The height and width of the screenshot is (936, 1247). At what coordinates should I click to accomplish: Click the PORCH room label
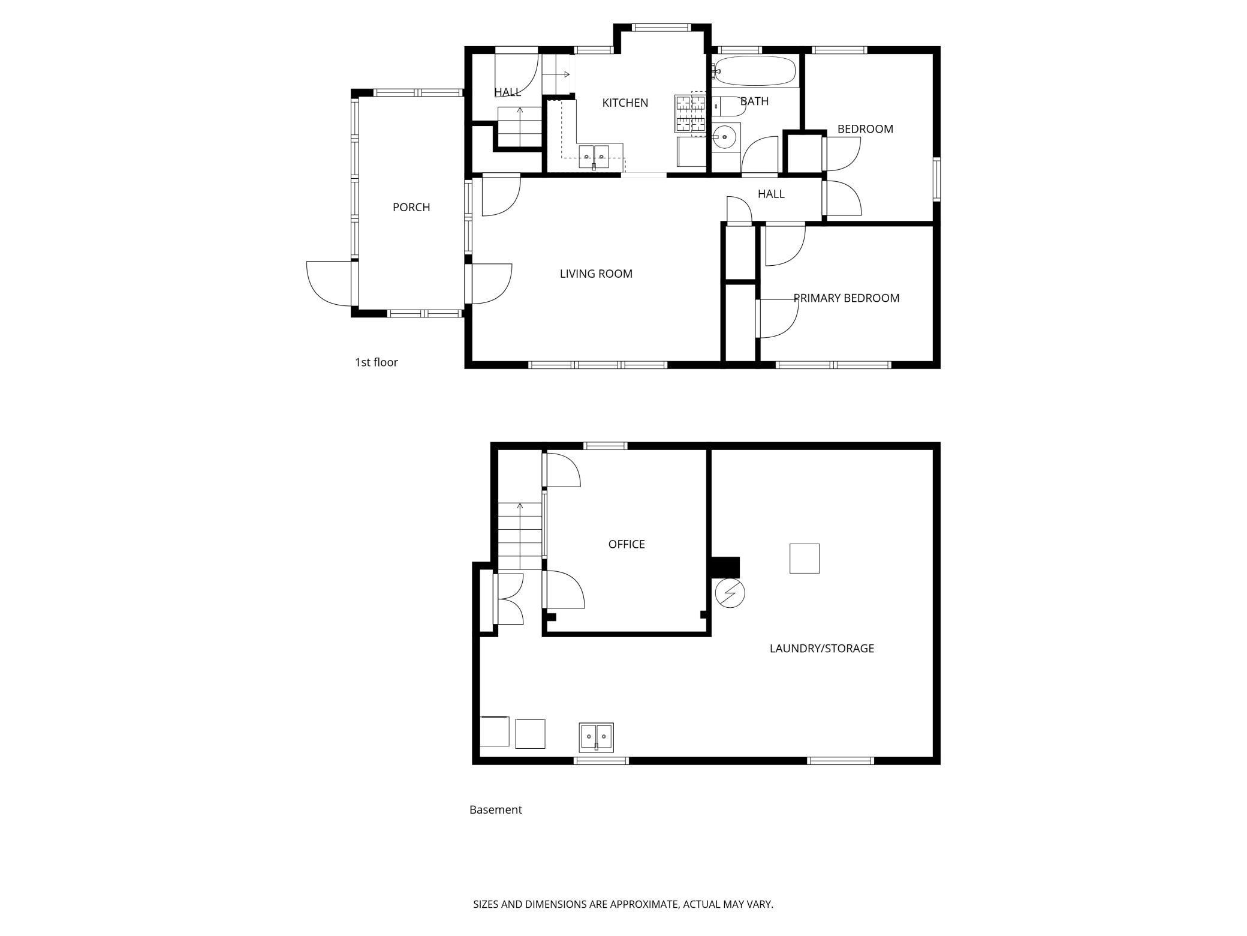point(411,207)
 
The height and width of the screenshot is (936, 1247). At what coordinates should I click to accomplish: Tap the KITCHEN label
point(625,103)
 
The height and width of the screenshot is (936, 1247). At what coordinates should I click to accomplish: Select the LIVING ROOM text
point(596,274)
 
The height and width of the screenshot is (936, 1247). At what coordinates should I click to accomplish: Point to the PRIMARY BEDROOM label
point(846,298)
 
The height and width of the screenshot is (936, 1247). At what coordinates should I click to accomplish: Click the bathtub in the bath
point(755,71)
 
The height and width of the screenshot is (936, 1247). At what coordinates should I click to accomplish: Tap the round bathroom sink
point(725,137)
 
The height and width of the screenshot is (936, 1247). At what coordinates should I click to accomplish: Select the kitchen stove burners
point(690,113)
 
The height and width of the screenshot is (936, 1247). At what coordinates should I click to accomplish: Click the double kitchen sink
point(594,157)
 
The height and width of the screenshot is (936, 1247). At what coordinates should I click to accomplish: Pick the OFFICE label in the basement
point(626,544)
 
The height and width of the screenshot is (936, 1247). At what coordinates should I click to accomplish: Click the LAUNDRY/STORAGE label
point(821,648)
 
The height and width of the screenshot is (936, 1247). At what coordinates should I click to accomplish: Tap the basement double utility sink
point(596,737)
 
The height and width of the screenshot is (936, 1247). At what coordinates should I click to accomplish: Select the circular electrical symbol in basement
point(730,593)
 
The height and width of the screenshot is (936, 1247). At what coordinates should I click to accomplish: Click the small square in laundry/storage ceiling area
point(804,558)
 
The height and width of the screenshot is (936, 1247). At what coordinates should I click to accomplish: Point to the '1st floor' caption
point(376,362)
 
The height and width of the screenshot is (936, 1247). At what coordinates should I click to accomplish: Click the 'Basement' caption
point(495,810)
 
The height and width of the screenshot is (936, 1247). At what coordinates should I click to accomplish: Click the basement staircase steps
point(520,536)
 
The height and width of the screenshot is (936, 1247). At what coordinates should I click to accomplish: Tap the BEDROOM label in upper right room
point(865,129)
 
